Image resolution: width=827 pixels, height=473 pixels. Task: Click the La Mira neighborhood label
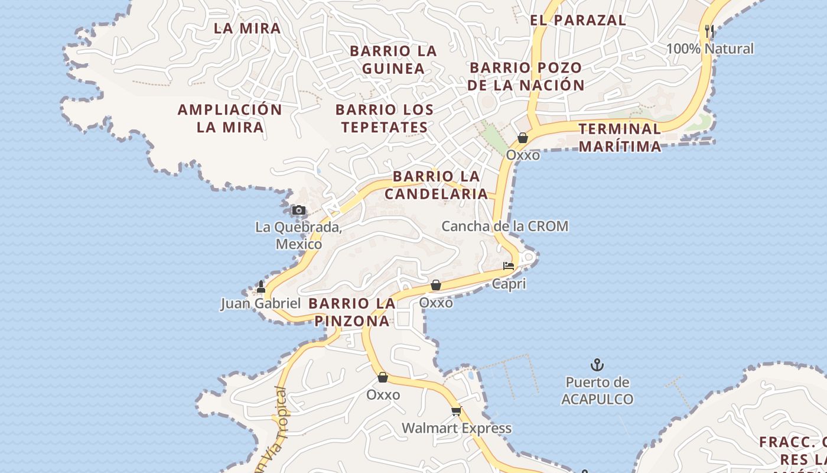247,28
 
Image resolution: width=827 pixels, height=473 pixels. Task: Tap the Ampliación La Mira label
230,118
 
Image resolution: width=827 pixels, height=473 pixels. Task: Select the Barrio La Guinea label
393,60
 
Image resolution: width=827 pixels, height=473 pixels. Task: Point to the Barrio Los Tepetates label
385,118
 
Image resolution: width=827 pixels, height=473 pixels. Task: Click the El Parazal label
578,20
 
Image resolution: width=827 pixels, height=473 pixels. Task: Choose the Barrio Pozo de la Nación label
526,76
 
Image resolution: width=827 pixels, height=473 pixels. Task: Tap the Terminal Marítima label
620,137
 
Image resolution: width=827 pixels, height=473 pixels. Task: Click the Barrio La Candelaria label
437,184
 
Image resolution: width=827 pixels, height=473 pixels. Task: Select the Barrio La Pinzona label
352,312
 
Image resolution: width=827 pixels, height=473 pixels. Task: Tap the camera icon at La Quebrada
299,210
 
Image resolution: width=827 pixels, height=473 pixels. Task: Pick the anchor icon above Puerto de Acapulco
597,364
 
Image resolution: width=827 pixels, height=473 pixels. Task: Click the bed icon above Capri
509,266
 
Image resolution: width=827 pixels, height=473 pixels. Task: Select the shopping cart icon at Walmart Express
456,411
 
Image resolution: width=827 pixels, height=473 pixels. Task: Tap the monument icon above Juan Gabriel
261,287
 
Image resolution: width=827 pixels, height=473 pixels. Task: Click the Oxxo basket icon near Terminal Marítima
523,138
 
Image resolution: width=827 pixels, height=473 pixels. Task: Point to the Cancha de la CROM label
505,226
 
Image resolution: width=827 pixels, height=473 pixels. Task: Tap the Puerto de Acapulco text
597,391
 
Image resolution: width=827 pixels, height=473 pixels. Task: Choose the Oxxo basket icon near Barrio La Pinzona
436,286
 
